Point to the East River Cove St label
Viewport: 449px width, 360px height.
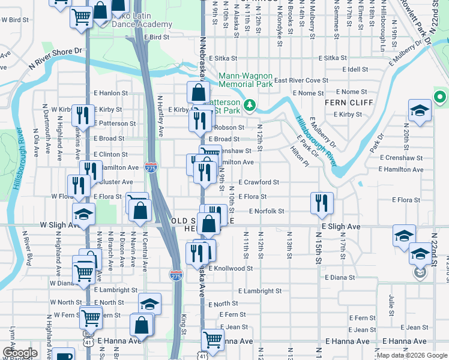(x=301, y=80)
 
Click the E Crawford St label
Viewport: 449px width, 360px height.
(x=259, y=182)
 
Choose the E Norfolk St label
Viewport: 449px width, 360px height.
(x=264, y=211)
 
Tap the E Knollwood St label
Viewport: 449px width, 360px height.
(x=231, y=269)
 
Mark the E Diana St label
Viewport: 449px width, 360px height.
(x=340, y=278)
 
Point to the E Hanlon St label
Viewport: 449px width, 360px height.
(x=110, y=93)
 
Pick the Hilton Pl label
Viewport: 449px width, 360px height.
(x=299, y=154)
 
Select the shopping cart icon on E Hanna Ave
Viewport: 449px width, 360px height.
(x=212, y=340)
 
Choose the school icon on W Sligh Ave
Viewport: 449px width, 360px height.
(x=84, y=214)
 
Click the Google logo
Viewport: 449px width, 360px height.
(x=20, y=353)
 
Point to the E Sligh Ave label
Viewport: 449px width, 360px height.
(x=340, y=227)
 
